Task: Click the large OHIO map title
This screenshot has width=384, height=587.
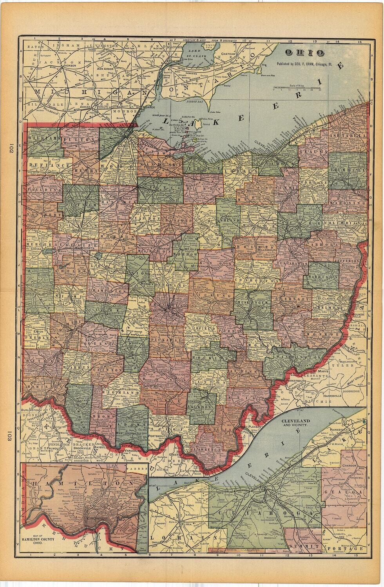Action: [x=304, y=52]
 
